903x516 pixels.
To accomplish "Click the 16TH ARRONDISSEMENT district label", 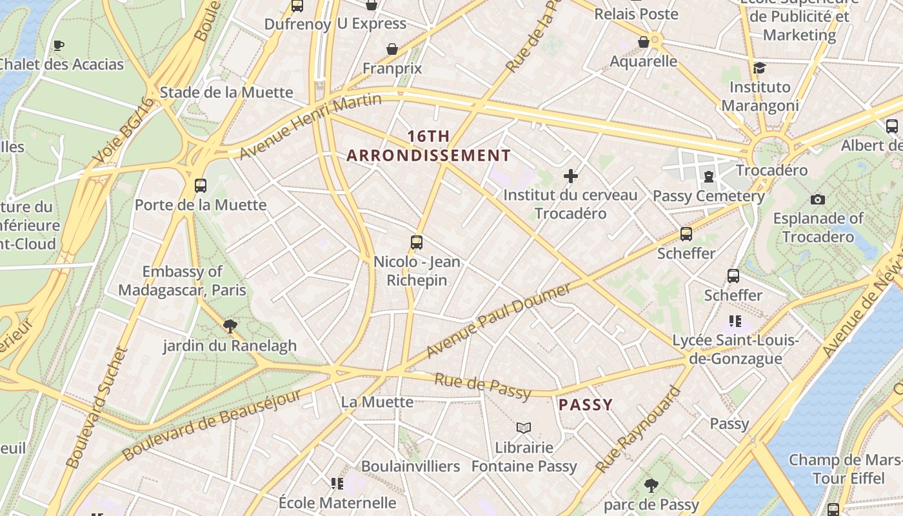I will pyautogui.click(x=428, y=146).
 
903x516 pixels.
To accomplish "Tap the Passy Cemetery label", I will pyautogui.click(x=709, y=196).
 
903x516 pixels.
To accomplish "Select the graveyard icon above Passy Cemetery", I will pyautogui.click(x=709, y=176).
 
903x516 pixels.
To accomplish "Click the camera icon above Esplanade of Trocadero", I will pyautogui.click(x=818, y=199).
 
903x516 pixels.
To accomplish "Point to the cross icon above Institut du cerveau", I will pyautogui.click(x=570, y=175).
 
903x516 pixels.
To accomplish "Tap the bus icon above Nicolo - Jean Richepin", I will pyautogui.click(x=417, y=243).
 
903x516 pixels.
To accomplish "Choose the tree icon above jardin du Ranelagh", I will pyautogui.click(x=229, y=326).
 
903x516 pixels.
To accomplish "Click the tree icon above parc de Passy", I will pyautogui.click(x=651, y=485).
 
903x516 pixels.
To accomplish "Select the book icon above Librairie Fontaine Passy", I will pyautogui.click(x=524, y=428).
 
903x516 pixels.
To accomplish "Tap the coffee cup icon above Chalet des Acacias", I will pyautogui.click(x=59, y=45).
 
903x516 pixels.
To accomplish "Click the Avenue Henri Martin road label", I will pyautogui.click(x=310, y=126).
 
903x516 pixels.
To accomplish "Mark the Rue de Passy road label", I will pyautogui.click(x=482, y=386).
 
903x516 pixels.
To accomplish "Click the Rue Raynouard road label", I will pyautogui.click(x=638, y=430).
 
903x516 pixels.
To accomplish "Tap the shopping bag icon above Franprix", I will pyautogui.click(x=392, y=49).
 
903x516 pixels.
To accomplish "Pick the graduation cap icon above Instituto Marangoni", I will pyautogui.click(x=759, y=68).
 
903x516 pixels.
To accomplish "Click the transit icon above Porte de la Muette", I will pyautogui.click(x=201, y=186).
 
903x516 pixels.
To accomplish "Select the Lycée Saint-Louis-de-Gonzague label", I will pyautogui.click(x=736, y=350).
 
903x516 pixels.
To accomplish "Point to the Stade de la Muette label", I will pyautogui.click(x=226, y=92).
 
